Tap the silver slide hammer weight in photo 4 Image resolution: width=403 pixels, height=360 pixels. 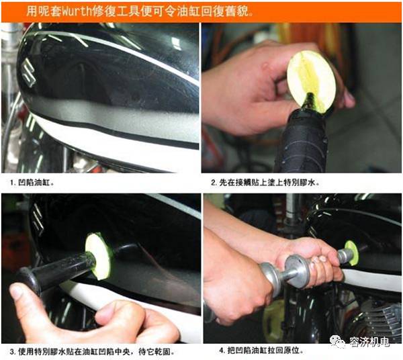pyautogui.click(x=296, y=271)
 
